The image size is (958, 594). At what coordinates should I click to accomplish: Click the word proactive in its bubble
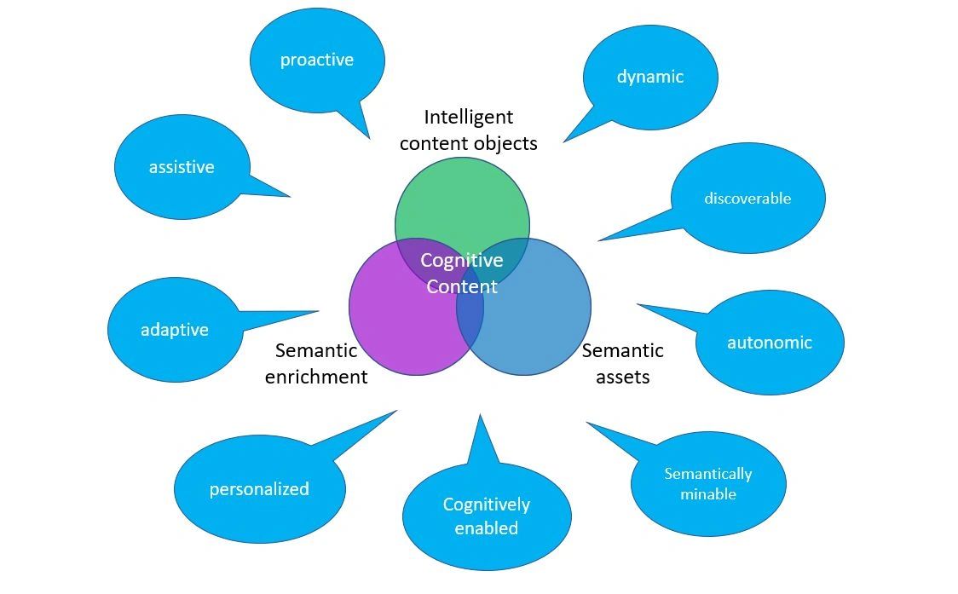coord(316,60)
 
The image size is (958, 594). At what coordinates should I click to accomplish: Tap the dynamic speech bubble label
coord(650,77)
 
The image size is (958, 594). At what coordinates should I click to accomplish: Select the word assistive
coord(182,167)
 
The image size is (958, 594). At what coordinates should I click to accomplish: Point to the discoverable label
coord(747,198)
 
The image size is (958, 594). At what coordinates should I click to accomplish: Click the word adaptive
coord(175,330)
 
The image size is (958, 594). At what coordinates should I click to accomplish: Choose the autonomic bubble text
coord(769,343)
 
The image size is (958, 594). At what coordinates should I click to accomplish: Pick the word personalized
coord(259,489)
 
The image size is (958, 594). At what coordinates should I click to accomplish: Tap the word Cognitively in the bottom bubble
coord(487,505)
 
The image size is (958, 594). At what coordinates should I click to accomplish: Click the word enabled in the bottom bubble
coord(487,528)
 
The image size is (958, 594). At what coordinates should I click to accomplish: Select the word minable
coord(708,493)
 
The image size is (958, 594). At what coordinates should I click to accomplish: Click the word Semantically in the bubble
coord(708,474)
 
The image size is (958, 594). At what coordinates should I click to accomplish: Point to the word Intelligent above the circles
coord(469,117)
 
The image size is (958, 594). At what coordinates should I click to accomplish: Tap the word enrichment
coord(316,377)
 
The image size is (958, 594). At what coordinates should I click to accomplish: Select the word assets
coord(622,377)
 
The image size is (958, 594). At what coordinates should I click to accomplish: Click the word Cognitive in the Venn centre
coord(462,260)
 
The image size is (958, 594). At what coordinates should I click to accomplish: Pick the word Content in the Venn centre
coord(462,286)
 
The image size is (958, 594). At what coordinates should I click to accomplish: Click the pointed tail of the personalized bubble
coord(396,411)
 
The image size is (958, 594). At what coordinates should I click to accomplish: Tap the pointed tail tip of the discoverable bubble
coord(598,241)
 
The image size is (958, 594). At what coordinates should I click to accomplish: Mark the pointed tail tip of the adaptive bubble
coord(319,311)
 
